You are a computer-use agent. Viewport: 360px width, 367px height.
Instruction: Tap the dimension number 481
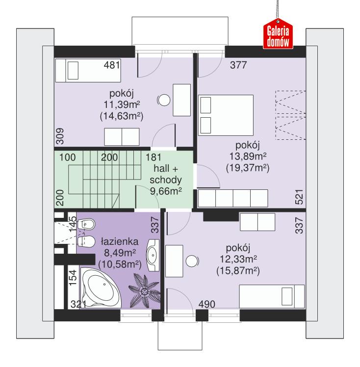[112, 65]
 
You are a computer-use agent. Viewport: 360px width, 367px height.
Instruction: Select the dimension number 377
[238, 65]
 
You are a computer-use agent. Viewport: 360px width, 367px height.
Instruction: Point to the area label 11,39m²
[122, 105]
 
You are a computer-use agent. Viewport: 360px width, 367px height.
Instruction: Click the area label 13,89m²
[248, 157]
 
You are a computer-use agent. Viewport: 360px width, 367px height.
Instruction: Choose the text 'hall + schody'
[166, 174]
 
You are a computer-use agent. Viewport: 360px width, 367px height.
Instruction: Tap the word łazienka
[120, 241]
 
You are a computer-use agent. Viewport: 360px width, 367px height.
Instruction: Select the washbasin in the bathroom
[153, 255]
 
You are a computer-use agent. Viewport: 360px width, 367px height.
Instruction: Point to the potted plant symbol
[144, 291]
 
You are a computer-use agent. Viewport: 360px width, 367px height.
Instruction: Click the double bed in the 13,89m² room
[226, 115]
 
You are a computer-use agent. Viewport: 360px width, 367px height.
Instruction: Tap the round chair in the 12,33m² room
[192, 261]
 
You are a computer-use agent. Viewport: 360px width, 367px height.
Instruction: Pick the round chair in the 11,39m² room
[163, 100]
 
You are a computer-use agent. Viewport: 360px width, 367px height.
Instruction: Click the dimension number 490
[207, 304]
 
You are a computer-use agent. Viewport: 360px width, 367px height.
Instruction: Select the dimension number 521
[299, 197]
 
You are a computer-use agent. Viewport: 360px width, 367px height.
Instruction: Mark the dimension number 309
[60, 136]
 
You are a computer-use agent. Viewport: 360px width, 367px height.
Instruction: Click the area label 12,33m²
[238, 259]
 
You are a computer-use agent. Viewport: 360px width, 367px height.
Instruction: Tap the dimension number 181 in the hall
[154, 157]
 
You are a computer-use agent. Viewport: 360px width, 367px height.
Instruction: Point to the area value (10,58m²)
[120, 264]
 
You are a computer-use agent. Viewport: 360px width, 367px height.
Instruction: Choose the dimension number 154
[73, 277]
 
